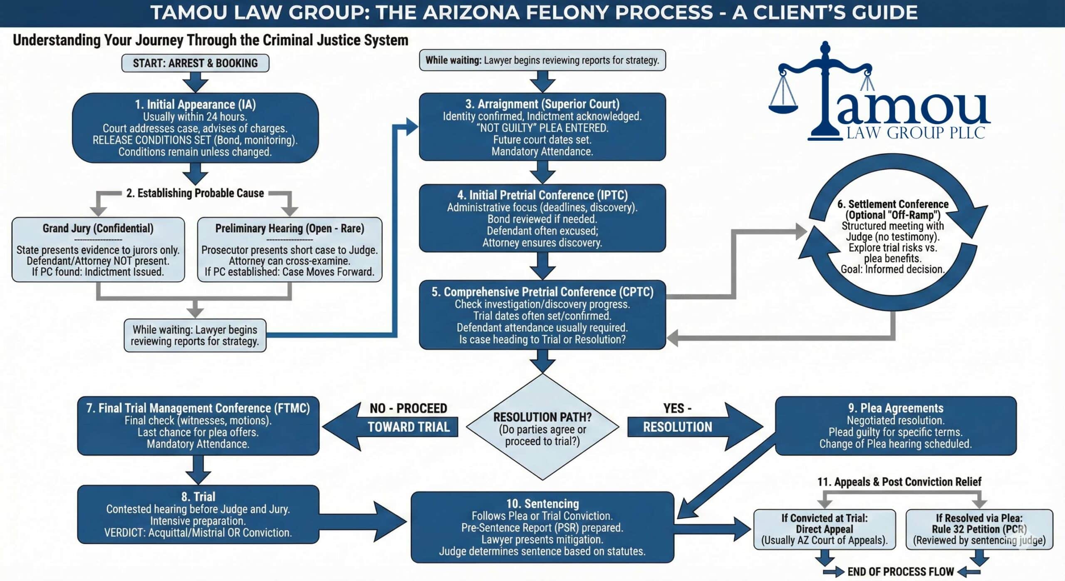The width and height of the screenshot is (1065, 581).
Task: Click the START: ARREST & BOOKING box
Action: tap(195, 63)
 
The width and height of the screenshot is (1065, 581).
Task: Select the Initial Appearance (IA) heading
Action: tap(195, 104)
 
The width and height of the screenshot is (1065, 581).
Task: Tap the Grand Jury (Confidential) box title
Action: tap(98, 228)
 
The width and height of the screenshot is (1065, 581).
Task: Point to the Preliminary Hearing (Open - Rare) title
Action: tap(290, 228)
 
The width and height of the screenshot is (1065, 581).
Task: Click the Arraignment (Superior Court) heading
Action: tap(542, 104)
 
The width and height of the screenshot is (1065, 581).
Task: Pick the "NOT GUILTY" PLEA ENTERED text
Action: tap(542, 128)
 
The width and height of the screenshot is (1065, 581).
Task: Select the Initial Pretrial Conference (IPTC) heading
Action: tap(542, 195)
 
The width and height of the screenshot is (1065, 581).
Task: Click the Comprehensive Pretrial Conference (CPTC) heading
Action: tap(542, 292)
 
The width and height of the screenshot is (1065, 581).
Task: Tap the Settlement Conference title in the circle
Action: tap(893, 204)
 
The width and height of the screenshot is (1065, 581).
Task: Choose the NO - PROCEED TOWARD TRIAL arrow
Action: tap(391, 427)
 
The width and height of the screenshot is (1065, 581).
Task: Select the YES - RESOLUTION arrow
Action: tap(691, 427)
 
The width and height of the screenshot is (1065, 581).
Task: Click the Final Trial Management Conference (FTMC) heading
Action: tap(198, 408)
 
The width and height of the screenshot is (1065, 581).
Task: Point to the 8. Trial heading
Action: tap(198, 497)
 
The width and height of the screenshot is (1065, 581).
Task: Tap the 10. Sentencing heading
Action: tap(542, 504)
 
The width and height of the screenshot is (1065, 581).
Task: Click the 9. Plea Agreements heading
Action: tap(896, 408)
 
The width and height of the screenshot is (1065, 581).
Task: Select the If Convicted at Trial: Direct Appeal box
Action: tap(824, 529)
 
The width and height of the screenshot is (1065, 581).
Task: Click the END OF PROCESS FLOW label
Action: tap(900, 571)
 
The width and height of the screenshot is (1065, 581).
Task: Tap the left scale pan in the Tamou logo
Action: tap(783, 109)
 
